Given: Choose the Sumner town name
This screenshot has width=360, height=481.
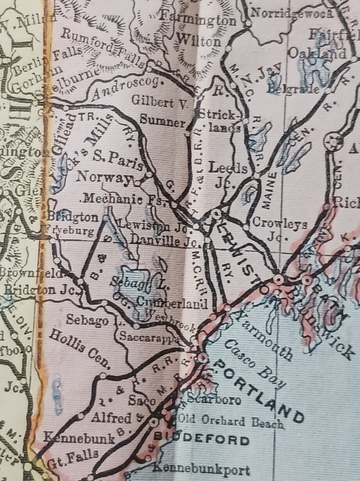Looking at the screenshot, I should tap(162, 120).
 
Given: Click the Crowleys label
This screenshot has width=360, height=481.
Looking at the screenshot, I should tap(280, 225).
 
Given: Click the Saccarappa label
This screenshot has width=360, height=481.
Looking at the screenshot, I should tap(148, 337).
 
